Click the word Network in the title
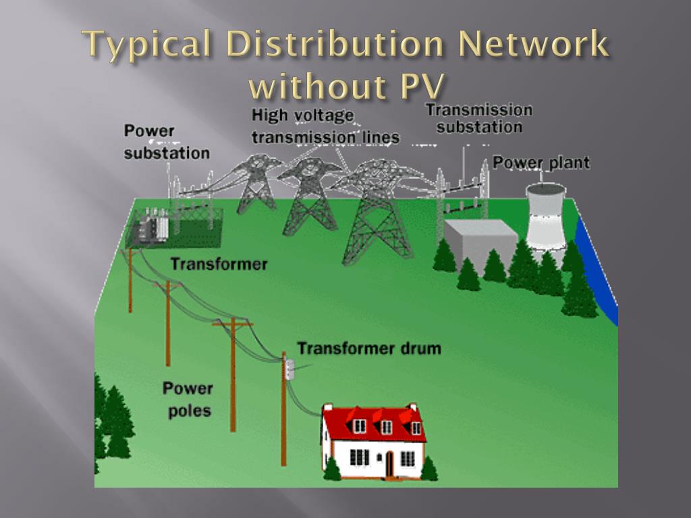click(532, 47)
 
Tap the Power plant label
click(551, 163)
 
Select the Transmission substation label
click(478, 118)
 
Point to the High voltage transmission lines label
click(325, 127)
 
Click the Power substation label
click(166, 142)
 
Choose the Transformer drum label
click(369, 349)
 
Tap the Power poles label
click(187, 399)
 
